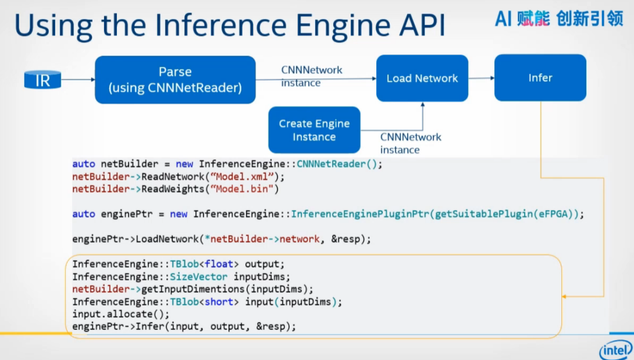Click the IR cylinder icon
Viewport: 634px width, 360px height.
tap(42, 80)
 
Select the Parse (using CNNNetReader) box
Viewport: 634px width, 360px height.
tap(175, 80)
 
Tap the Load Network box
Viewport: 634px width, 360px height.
tap(422, 79)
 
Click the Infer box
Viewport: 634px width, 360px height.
tap(540, 78)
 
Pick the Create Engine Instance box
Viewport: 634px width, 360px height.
tap(314, 130)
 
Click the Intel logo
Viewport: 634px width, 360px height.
tap(615, 350)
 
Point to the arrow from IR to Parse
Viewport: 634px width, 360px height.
tap(78, 80)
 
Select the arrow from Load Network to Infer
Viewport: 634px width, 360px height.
tap(481, 78)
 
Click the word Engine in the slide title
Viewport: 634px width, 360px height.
tap(327, 26)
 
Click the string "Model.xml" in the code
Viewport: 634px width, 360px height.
tap(243, 177)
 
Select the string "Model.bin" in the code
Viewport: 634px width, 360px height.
tap(243, 189)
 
